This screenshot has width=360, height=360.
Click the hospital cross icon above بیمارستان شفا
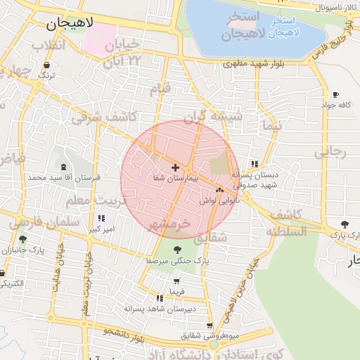(175, 167)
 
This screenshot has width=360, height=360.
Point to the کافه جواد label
(335, 105)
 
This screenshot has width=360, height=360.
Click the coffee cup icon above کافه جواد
(335, 94)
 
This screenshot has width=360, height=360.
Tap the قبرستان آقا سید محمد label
(65, 178)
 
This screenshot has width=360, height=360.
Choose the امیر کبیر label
(99, 229)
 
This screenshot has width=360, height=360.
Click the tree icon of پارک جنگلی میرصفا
(175, 249)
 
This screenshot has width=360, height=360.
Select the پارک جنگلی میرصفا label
(174, 260)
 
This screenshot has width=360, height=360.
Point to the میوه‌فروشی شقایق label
(212, 335)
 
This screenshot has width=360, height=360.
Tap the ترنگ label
(46, 74)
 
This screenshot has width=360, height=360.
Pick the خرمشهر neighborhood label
(169, 224)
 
